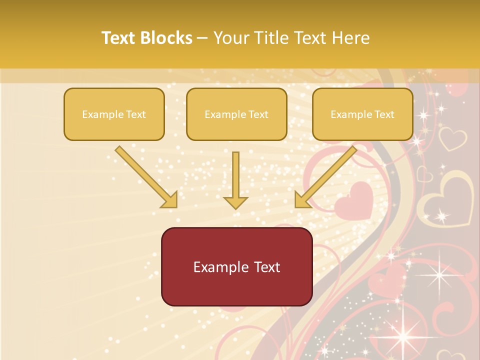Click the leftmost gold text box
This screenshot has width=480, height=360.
(114, 114)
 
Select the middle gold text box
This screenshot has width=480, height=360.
(236, 114)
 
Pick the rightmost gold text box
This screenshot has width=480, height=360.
(362, 114)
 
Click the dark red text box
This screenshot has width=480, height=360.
(236, 266)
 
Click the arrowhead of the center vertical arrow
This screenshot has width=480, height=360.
(235, 201)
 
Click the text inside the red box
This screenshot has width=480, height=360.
(236, 267)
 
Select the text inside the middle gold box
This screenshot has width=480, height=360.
(236, 114)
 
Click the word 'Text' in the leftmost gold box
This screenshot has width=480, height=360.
(136, 114)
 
